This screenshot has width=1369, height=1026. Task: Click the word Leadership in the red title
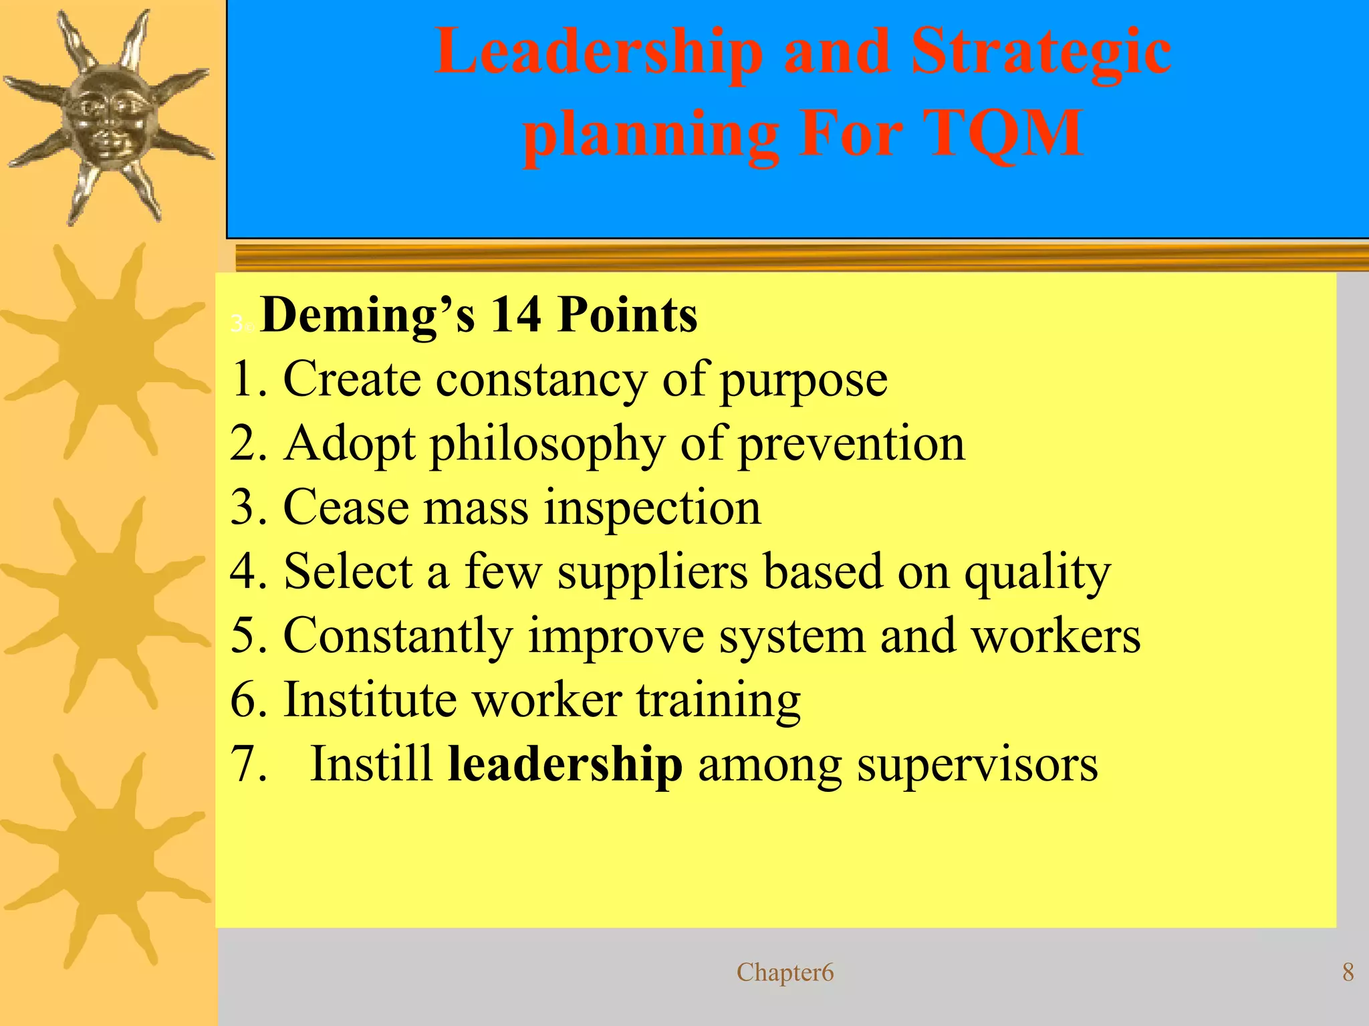tap(598, 54)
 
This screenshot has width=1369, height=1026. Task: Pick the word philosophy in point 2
tap(547, 445)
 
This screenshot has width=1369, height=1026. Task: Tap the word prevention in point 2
tap(851, 443)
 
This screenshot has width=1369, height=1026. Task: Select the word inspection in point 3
tap(652, 508)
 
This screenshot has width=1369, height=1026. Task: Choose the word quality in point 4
tap(1037, 573)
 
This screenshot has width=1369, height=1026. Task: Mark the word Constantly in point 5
tap(398, 635)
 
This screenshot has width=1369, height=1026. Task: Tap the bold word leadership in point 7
tap(565, 764)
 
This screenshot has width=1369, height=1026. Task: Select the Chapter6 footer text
tap(785, 972)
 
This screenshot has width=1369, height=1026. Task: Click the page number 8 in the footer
tap(1348, 972)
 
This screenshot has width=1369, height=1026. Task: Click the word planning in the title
tap(650, 135)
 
